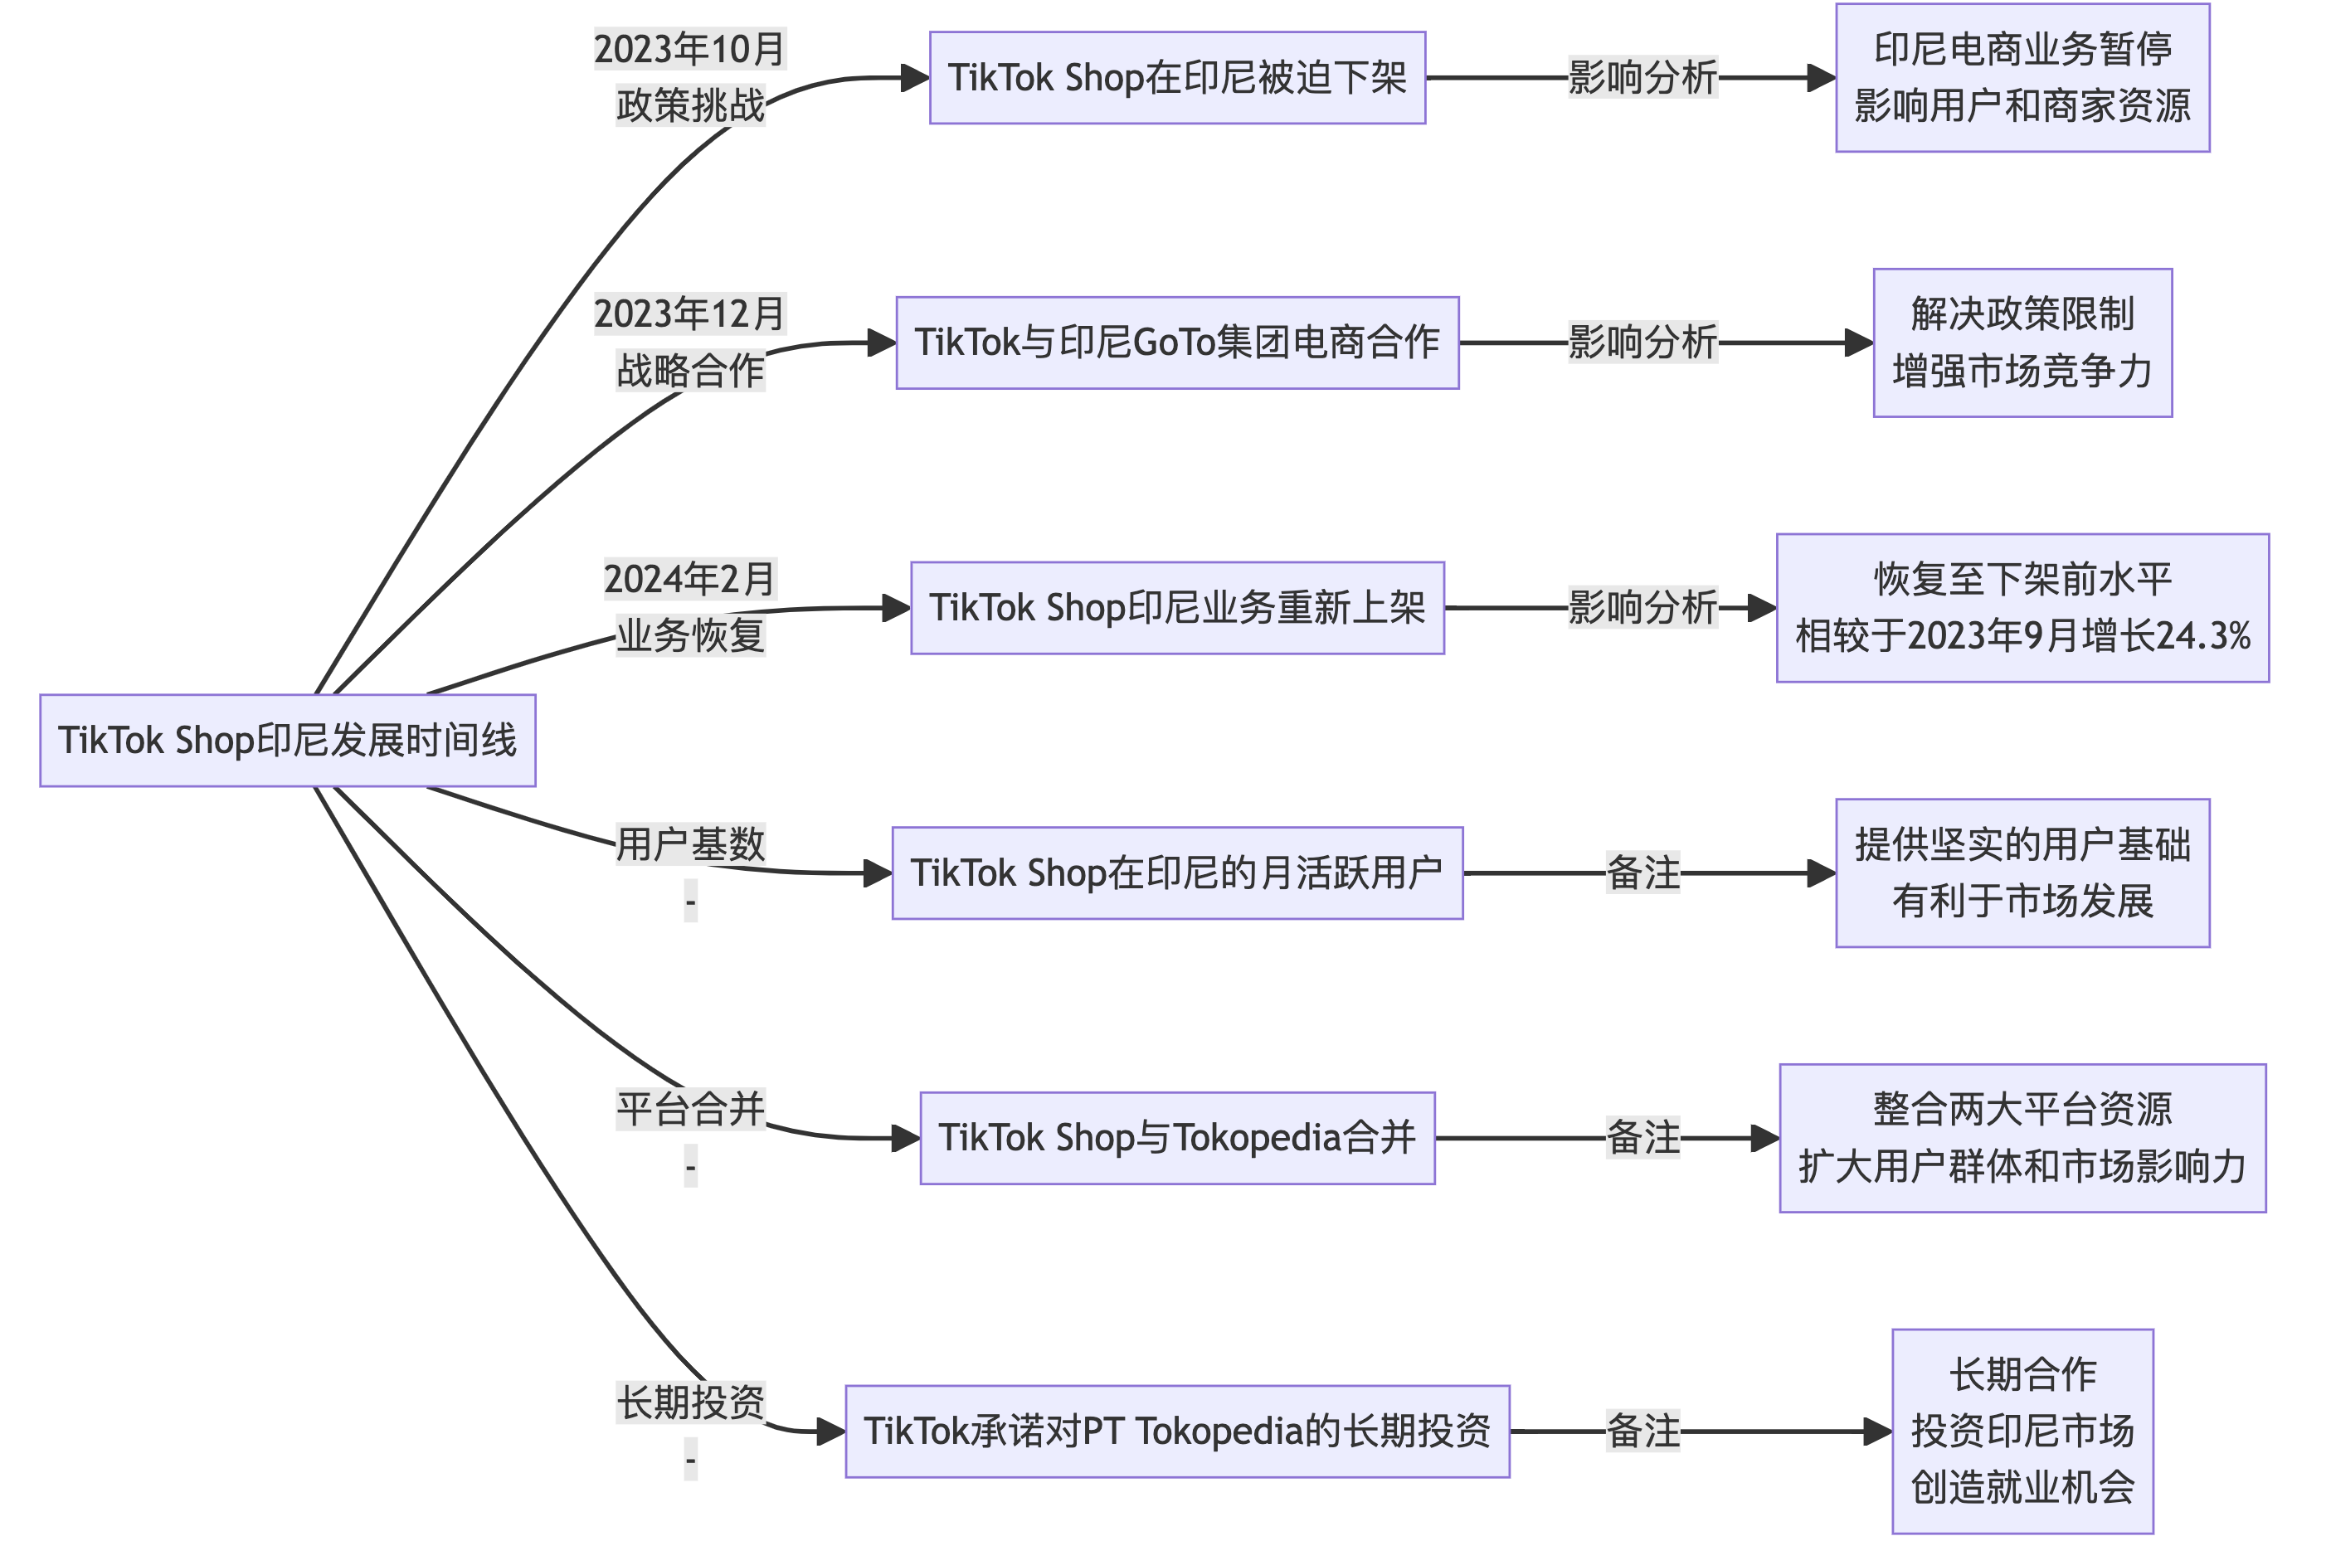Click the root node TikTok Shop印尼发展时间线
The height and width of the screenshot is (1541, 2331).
click(287, 741)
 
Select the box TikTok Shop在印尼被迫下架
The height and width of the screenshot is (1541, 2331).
click(1177, 78)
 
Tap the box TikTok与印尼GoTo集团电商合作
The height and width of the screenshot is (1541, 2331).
click(1177, 343)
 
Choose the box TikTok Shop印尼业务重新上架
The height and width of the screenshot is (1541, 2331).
click(1177, 608)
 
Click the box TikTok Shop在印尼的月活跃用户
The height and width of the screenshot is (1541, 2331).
click(1177, 873)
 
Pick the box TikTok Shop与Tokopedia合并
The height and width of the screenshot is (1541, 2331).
click(1177, 1138)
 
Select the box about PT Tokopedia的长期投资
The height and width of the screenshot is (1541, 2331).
click(1177, 1432)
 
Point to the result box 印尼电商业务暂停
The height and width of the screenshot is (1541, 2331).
click(2022, 78)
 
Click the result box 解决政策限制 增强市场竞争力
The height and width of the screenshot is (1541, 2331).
click(2022, 343)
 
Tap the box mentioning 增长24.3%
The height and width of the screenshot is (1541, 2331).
click(2022, 608)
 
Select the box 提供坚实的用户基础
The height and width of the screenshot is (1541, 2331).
click(2022, 873)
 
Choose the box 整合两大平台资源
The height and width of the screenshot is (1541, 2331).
click(2022, 1138)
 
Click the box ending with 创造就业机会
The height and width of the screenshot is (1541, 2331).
click(2022, 1432)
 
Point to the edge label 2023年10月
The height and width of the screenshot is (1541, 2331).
click(690, 50)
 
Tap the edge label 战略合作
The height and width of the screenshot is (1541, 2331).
click(690, 372)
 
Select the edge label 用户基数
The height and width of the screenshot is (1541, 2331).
click(690, 845)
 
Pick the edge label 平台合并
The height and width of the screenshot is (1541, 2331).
click(690, 1111)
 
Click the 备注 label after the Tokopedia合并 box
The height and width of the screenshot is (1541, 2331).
click(1643, 1138)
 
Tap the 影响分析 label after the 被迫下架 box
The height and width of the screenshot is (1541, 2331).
click(1643, 78)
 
